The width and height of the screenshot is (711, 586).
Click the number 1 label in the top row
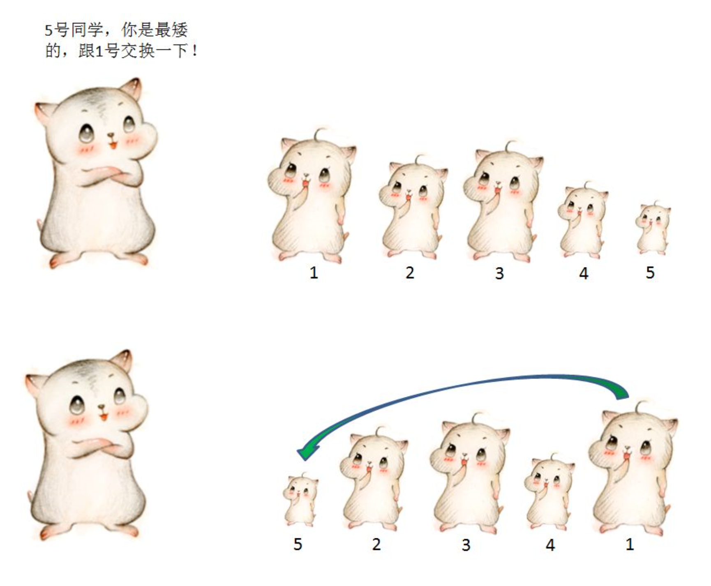pyautogui.click(x=314, y=272)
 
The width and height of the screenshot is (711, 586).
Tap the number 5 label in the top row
pyautogui.click(x=650, y=272)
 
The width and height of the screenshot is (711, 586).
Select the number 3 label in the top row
pyautogui.click(x=499, y=273)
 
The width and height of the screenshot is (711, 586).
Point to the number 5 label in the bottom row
pyautogui.click(x=298, y=544)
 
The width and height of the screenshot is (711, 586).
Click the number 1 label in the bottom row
pyautogui.click(x=630, y=544)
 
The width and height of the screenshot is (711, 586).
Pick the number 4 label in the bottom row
pyautogui.click(x=550, y=545)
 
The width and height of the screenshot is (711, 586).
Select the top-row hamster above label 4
pyautogui.click(x=582, y=220)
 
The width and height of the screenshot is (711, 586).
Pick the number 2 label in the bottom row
pyautogui.click(x=376, y=544)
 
